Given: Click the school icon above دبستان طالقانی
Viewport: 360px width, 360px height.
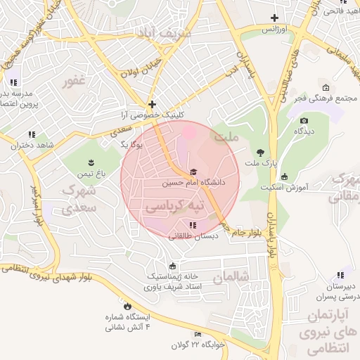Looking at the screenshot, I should click(x=193, y=225).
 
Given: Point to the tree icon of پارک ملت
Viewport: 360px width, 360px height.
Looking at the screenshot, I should click(x=261, y=153).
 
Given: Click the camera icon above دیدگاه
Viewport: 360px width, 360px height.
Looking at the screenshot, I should click(x=304, y=120).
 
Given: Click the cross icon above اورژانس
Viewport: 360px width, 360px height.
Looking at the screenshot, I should click(x=274, y=18).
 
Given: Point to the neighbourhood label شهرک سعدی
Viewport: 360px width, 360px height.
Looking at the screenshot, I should click(x=78, y=199).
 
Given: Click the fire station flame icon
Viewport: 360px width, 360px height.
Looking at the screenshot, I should click(x=127, y=306).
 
